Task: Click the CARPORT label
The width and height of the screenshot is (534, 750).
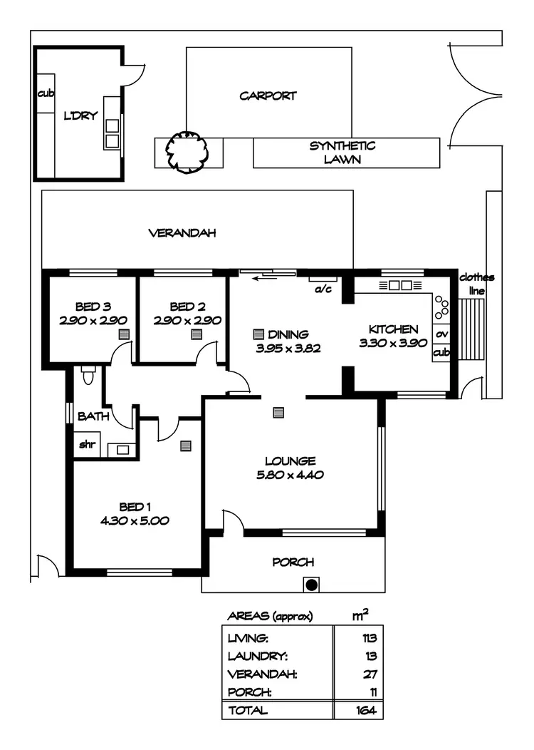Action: pyautogui.click(x=268, y=96)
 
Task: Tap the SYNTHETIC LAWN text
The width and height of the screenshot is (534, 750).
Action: pyautogui.click(x=342, y=153)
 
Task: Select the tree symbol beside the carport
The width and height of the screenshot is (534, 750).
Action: pyautogui.click(x=187, y=150)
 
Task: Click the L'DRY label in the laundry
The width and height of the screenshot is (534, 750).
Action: pyautogui.click(x=80, y=115)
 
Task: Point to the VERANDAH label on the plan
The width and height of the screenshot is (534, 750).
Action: pyautogui.click(x=182, y=233)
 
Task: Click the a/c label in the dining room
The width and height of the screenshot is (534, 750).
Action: pyautogui.click(x=321, y=289)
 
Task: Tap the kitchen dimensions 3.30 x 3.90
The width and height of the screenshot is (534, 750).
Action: pyautogui.click(x=393, y=342)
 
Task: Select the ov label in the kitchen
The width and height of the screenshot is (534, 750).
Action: pyautogui.click(x=441, y=334)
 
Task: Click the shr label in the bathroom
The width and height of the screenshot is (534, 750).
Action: pyautogui.click(x=87, y=444)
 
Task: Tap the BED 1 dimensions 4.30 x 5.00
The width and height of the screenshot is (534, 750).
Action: pyautogui.click(x=135, y=520)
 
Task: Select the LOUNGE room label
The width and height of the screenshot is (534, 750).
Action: pyautogui.click(x=290, y=461)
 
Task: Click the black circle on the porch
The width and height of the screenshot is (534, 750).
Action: pyautogui.click(x=310, y=585)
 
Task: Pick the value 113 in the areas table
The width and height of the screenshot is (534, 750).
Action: pyautogui.click(x=368, y=638)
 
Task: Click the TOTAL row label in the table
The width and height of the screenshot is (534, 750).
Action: pyautogui.click(x=247, y=710)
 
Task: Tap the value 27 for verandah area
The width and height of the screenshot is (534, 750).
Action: pyautogui.click(x=370, y=674)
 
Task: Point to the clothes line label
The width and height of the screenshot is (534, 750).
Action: pyautogui.click(x=476, y=284)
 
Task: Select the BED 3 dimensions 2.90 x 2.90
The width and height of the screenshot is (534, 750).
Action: pyautogui.click(x=88, y=320)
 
